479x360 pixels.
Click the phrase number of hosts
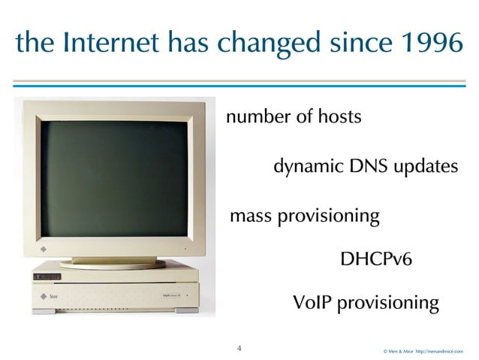(x=294, y=117)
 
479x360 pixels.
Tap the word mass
(x=250, y=216)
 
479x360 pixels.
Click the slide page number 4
(x=239, y=348)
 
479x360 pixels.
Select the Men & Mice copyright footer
(x=423, y=351)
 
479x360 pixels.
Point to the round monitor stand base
(x=113, y=263)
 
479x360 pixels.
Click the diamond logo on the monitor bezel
(x=43, y=247)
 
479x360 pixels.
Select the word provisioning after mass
(x=328, y=216)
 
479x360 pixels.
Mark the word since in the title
(x=355, y=44)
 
